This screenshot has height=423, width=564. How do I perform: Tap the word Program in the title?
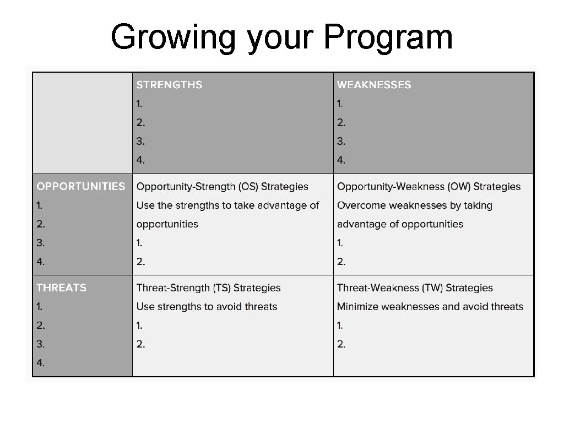coord(388,37)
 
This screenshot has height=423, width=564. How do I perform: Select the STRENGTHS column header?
coord(169,85)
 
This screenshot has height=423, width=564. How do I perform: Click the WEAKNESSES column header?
coord(374,85)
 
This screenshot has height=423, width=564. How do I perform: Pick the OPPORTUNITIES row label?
coord(80,186)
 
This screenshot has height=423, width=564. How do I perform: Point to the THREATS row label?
coord(61,288)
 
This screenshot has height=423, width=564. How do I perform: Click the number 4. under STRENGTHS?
coord(141,160)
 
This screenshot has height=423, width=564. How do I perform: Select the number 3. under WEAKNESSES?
coord(341,141)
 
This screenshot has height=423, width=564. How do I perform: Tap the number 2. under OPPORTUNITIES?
coord(41,224)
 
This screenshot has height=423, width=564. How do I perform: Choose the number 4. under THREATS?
coord(41,362)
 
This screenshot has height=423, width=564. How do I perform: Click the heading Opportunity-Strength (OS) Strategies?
coord(223,187)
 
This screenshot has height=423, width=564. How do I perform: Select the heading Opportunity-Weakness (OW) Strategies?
coord(429,187)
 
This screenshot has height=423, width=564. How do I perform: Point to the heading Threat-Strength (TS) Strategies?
coord(208,288)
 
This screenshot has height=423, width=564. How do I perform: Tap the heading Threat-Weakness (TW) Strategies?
coord(415,288)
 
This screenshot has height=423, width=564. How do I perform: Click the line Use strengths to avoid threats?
coord(207,306)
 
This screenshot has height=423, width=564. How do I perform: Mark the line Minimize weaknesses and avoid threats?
coord(430,306)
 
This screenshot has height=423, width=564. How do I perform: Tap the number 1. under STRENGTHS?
coord(140,103)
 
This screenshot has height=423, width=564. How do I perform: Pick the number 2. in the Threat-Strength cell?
coord(141,344)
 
